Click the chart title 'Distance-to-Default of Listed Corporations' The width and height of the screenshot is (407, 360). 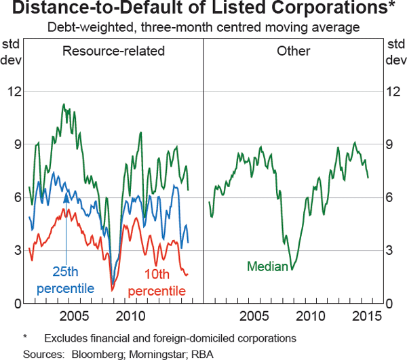(203, 10)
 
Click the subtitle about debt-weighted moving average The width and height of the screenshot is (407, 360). (203, 28)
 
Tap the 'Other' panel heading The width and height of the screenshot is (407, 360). (294, 52)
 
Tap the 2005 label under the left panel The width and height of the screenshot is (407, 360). (74, 317)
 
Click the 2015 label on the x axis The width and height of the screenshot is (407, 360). (367, 317)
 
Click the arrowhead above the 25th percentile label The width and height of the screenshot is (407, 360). (66, 197)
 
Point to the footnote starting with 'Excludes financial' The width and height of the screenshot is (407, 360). (170, 338)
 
